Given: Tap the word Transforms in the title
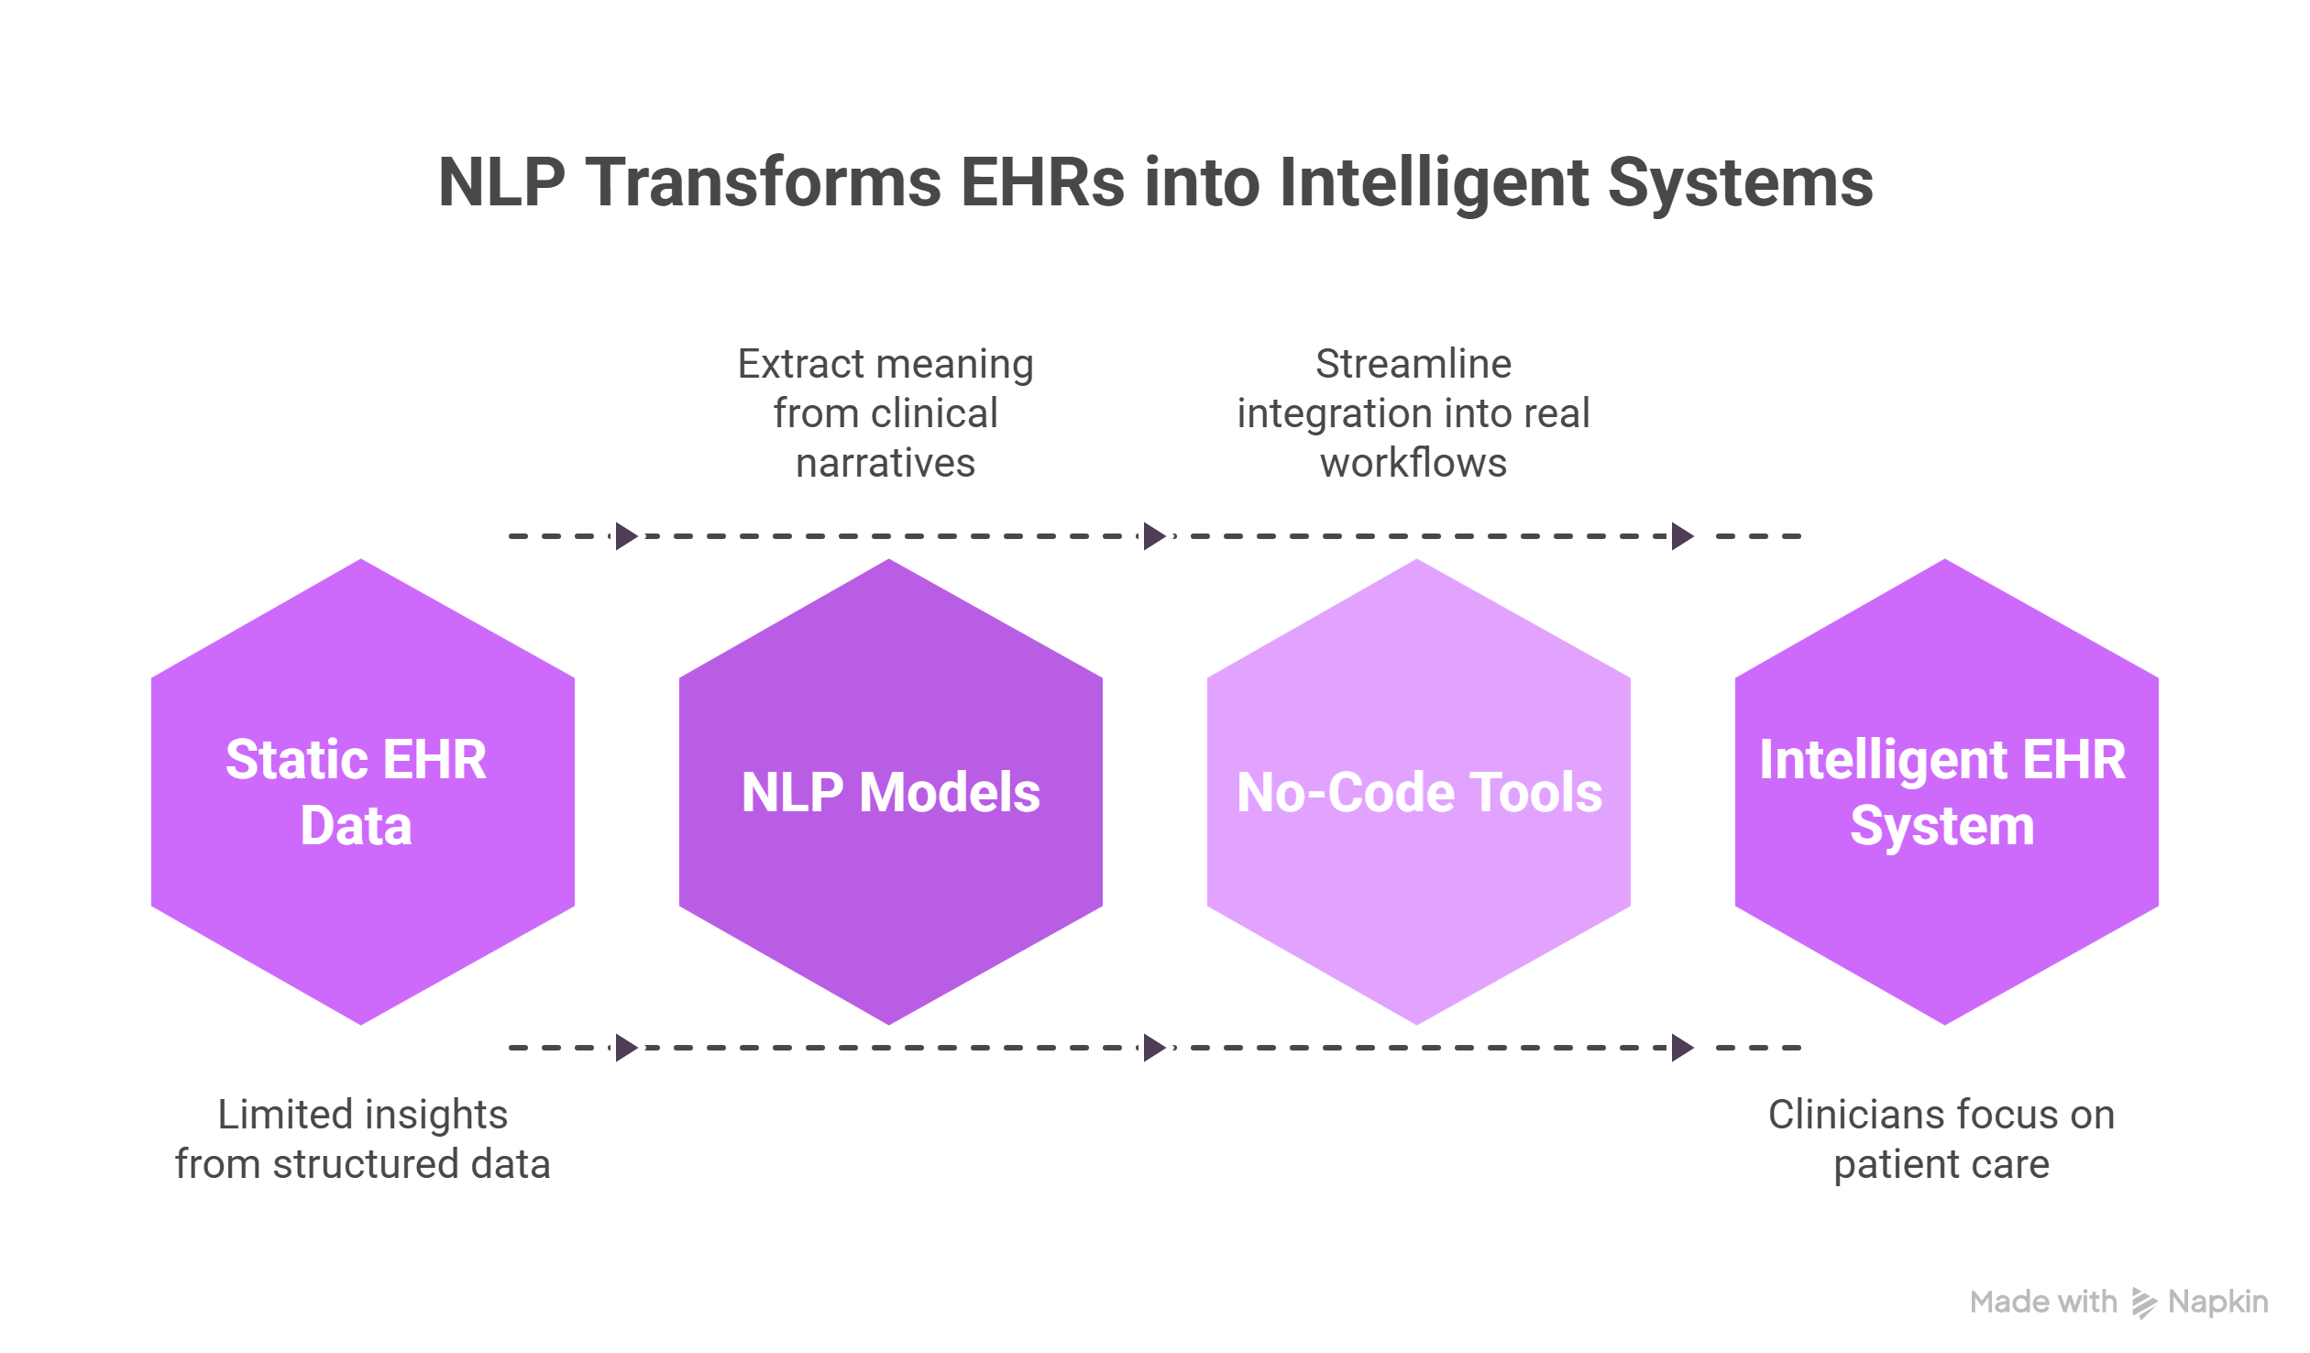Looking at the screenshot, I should pos(764,182).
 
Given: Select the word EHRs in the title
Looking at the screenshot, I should pos(1042,182).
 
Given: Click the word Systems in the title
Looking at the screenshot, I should pos(1740,182).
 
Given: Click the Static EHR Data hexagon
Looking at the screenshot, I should pos(362,792).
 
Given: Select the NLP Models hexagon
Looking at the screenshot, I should pos(890,792).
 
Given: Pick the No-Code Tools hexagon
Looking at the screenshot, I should pos(1418,792).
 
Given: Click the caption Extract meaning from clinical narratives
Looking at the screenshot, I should pos(885,413).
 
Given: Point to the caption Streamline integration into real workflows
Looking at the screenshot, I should pos(1413,413).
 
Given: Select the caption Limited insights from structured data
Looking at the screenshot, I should pos(363,1139).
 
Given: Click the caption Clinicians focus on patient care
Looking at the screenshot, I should pos(1941,1139).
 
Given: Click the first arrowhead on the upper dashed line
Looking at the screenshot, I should pos(626,536).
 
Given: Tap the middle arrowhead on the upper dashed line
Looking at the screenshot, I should pos(1154,536).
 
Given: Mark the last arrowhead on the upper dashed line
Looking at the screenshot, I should pos(1682,536).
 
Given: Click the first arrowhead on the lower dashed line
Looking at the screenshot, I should pos(626,1048).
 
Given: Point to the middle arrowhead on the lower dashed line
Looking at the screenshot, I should pos(1154,1048).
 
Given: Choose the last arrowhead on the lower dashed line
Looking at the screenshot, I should pos(1682,1048).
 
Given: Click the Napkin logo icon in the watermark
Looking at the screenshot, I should pos(2144,1303).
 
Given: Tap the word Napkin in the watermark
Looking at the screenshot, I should pos(2218,1303).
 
